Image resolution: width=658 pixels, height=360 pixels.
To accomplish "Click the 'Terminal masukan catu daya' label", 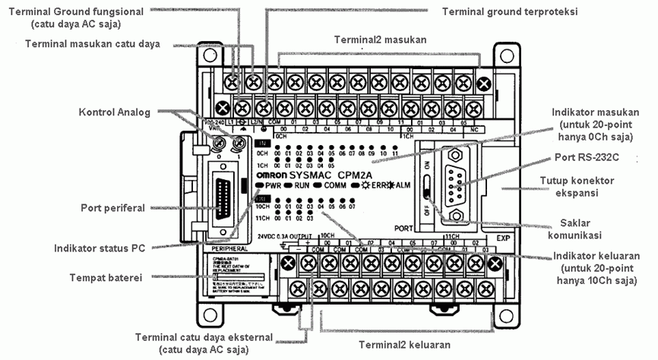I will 93,43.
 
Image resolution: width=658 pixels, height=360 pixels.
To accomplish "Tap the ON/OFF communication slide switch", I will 429,187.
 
